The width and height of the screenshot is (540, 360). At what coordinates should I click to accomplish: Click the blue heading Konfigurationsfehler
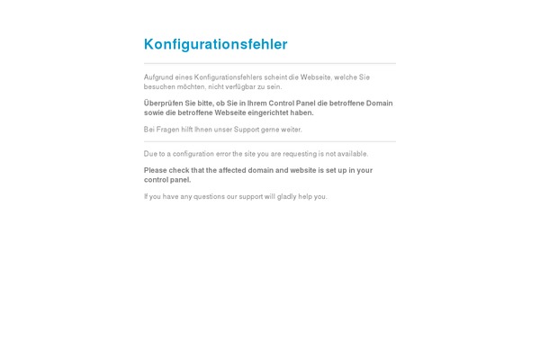(215, 44)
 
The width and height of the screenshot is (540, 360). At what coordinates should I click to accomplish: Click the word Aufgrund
(157, 77)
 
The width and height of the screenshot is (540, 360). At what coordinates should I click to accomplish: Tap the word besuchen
(158, 87)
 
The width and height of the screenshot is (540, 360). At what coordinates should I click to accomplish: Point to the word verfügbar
(242, 87)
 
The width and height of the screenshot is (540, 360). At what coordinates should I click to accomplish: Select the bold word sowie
(154, 113)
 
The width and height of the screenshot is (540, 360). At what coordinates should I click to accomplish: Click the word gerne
(273, 130)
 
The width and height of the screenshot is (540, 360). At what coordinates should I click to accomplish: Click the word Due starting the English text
(150, 154)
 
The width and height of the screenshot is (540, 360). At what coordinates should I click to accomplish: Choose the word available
(351, 154)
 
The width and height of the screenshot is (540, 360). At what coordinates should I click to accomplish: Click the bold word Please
(157, 170)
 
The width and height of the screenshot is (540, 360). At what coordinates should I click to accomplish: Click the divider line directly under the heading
(270, 64)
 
